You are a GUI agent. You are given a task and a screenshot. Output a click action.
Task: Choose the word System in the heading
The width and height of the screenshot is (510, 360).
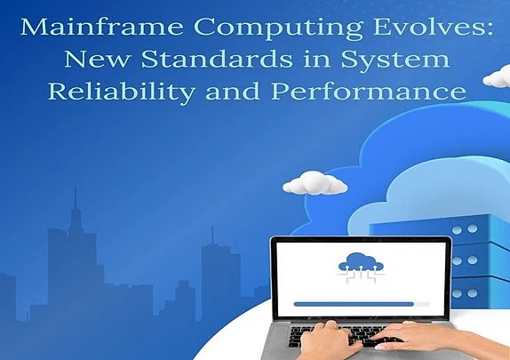(401, 60)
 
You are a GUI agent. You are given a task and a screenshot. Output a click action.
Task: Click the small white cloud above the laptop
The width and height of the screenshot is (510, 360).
(315, 183)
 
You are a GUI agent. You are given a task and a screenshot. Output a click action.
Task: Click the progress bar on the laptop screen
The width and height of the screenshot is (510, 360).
(354, 303)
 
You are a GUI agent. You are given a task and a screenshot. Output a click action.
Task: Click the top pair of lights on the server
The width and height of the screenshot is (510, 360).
(464, 228)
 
